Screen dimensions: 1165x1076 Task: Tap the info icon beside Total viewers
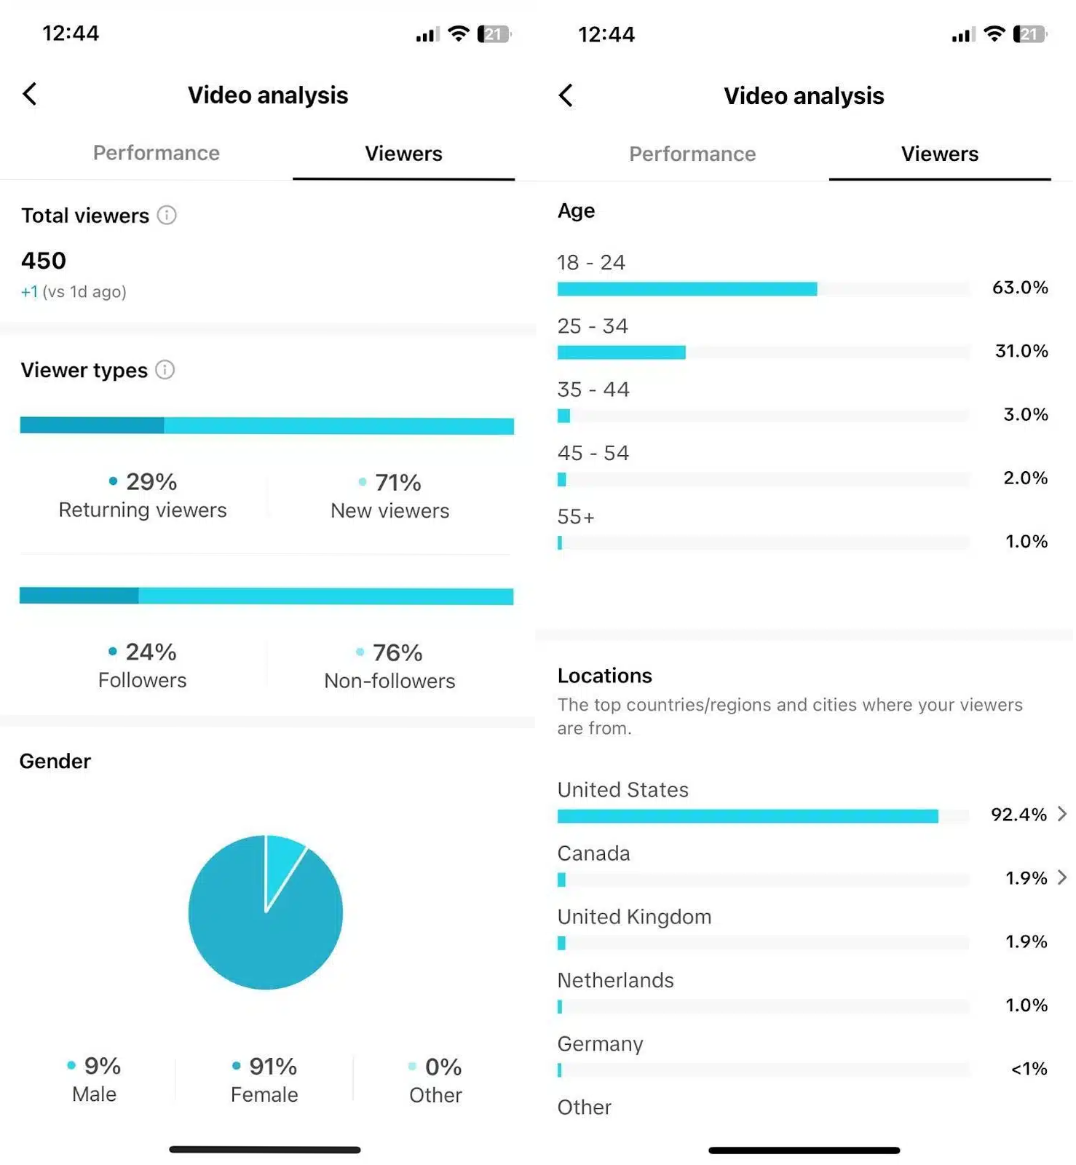point(167,216)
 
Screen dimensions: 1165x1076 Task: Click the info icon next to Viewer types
point(165,370)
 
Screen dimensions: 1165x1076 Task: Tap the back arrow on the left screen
point(30,94)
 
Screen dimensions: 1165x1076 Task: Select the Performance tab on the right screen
point(692,154)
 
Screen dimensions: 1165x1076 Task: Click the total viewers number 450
point(44,261)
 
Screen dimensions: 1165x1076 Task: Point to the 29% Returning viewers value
point(151,481)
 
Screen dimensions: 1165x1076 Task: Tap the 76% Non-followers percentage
point(397,652)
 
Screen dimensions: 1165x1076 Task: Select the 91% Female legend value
point(272,1067)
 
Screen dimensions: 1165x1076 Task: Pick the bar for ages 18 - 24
point(687,289)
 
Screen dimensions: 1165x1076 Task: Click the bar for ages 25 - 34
point(621,352)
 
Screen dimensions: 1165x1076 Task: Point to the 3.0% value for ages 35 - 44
point(1025,414)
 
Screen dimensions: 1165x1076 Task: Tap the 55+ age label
point(576,517)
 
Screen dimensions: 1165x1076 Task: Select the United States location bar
point(747,816)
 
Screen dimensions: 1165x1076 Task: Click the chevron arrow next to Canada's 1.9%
point(1062,877)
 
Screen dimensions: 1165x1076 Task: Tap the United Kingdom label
point(634,917)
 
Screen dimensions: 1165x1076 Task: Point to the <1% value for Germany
point(1029,1068)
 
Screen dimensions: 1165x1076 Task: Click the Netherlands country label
point(615,980)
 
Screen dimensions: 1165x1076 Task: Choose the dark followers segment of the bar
point(79,596)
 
